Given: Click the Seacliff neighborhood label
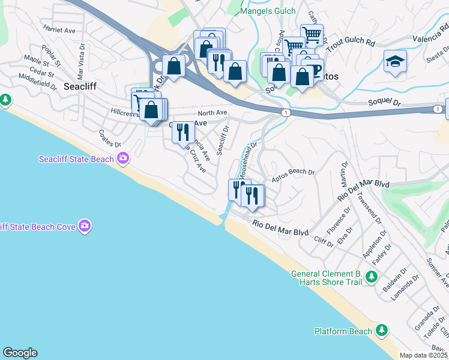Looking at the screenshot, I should coord(77,86).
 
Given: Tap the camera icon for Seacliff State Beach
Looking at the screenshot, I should coord(123,158).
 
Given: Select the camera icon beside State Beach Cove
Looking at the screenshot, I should coord(85,226).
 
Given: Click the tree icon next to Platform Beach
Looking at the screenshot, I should coord(381,330).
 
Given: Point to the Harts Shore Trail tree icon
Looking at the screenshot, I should coord(372,277).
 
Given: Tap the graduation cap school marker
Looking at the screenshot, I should coord(395,61).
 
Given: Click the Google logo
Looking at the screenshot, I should coord(20,353).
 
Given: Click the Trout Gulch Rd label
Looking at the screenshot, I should coord(353,44).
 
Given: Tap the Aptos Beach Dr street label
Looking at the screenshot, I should coord(293,175).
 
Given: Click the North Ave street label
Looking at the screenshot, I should coord(212,112).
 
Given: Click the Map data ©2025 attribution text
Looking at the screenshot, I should coord(424,355).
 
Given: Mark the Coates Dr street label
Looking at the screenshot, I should coord(109,140).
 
